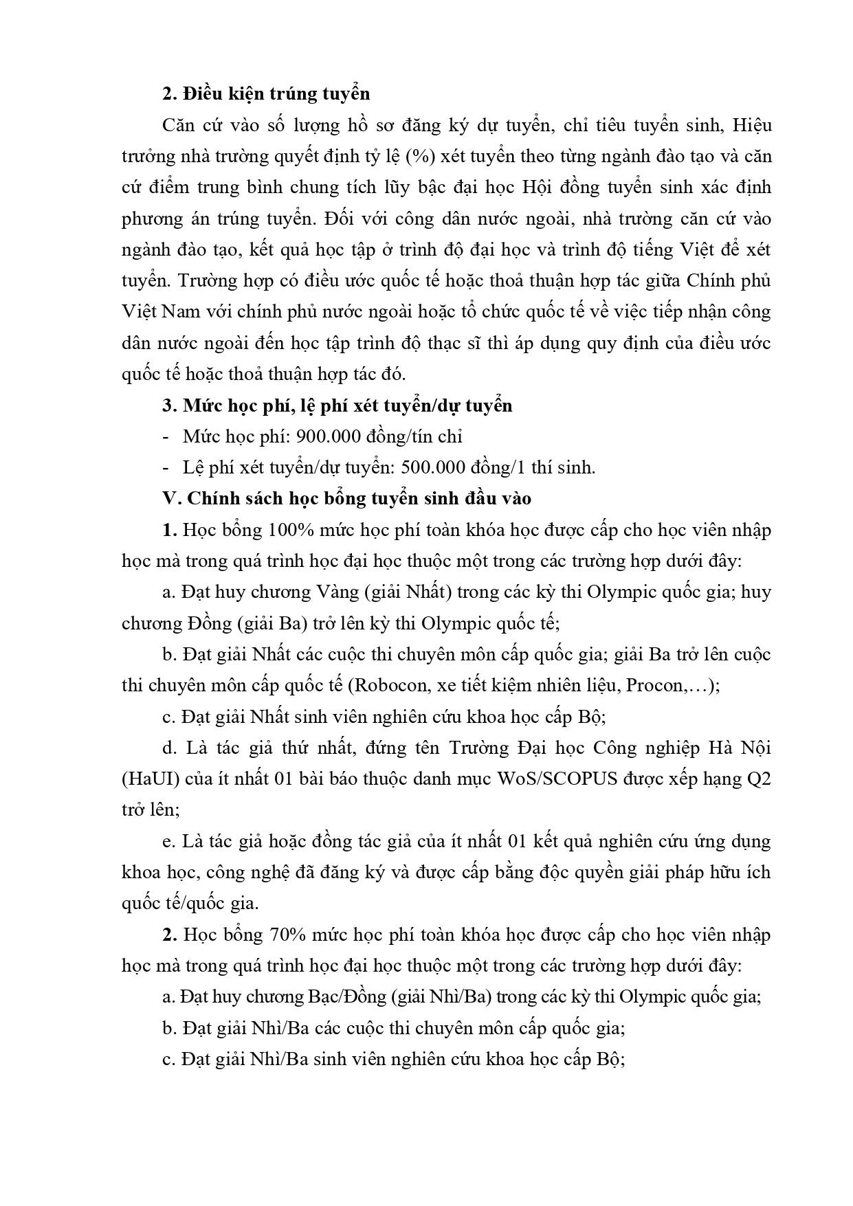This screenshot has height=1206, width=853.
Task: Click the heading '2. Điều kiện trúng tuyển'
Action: coord(266,93)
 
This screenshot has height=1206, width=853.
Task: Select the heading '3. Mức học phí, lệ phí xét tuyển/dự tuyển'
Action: coord(337,405)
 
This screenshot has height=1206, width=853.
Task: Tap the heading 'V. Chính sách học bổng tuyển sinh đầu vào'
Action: coord(346,498)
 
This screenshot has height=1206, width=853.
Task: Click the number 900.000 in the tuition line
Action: coord(289,436)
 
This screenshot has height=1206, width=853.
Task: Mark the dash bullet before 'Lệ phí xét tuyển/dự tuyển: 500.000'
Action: coord(166,468)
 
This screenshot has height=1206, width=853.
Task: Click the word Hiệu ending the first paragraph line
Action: coord(752,125)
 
